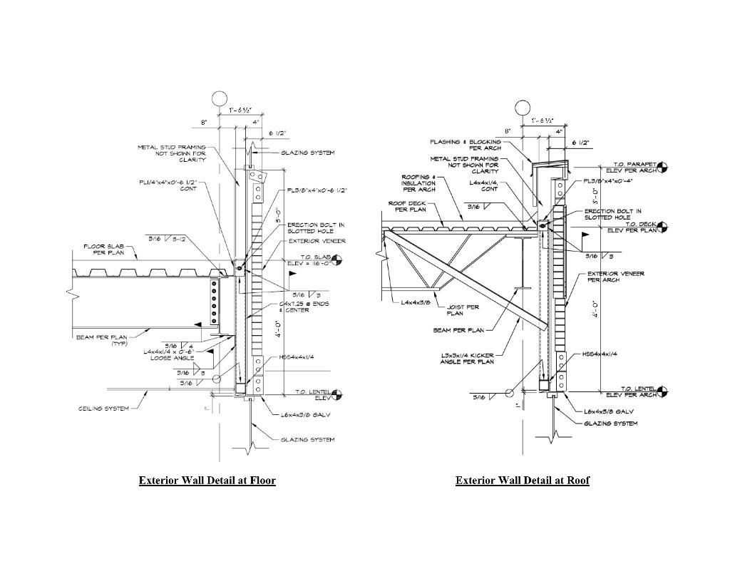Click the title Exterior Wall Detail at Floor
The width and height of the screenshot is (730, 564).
[x=207, y=481]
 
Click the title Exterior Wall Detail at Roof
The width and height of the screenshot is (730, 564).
[x=523, y=481]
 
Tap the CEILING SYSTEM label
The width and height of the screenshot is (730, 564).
[x=104, y=409]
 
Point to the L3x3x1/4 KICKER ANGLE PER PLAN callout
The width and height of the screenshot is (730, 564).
[x=467, y=358]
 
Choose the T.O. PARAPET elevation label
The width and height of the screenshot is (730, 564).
[x=627, y=168]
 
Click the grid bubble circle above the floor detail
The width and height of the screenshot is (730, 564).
[x=220, y=98]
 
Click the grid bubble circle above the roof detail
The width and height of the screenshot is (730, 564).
[x=523, y=108]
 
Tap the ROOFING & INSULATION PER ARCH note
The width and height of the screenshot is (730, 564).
[x=418, y=183]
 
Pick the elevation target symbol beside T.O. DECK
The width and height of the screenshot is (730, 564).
[x=664, y=227]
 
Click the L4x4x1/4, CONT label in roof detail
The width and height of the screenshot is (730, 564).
[x=484, y=186]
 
